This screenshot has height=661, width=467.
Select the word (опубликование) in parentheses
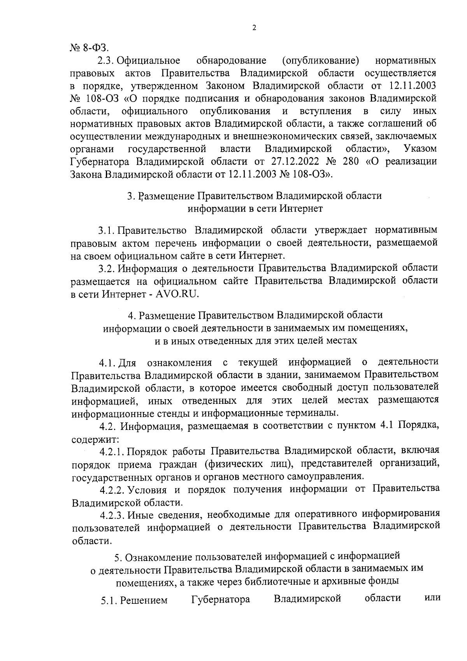(x=320, y=61)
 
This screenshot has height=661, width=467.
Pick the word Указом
(x=420, y=149)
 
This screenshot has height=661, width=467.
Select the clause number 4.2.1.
(x=111, y=451)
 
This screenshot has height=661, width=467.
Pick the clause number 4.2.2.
(x=112, y=489)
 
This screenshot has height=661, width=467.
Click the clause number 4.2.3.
(x=112, y=514)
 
